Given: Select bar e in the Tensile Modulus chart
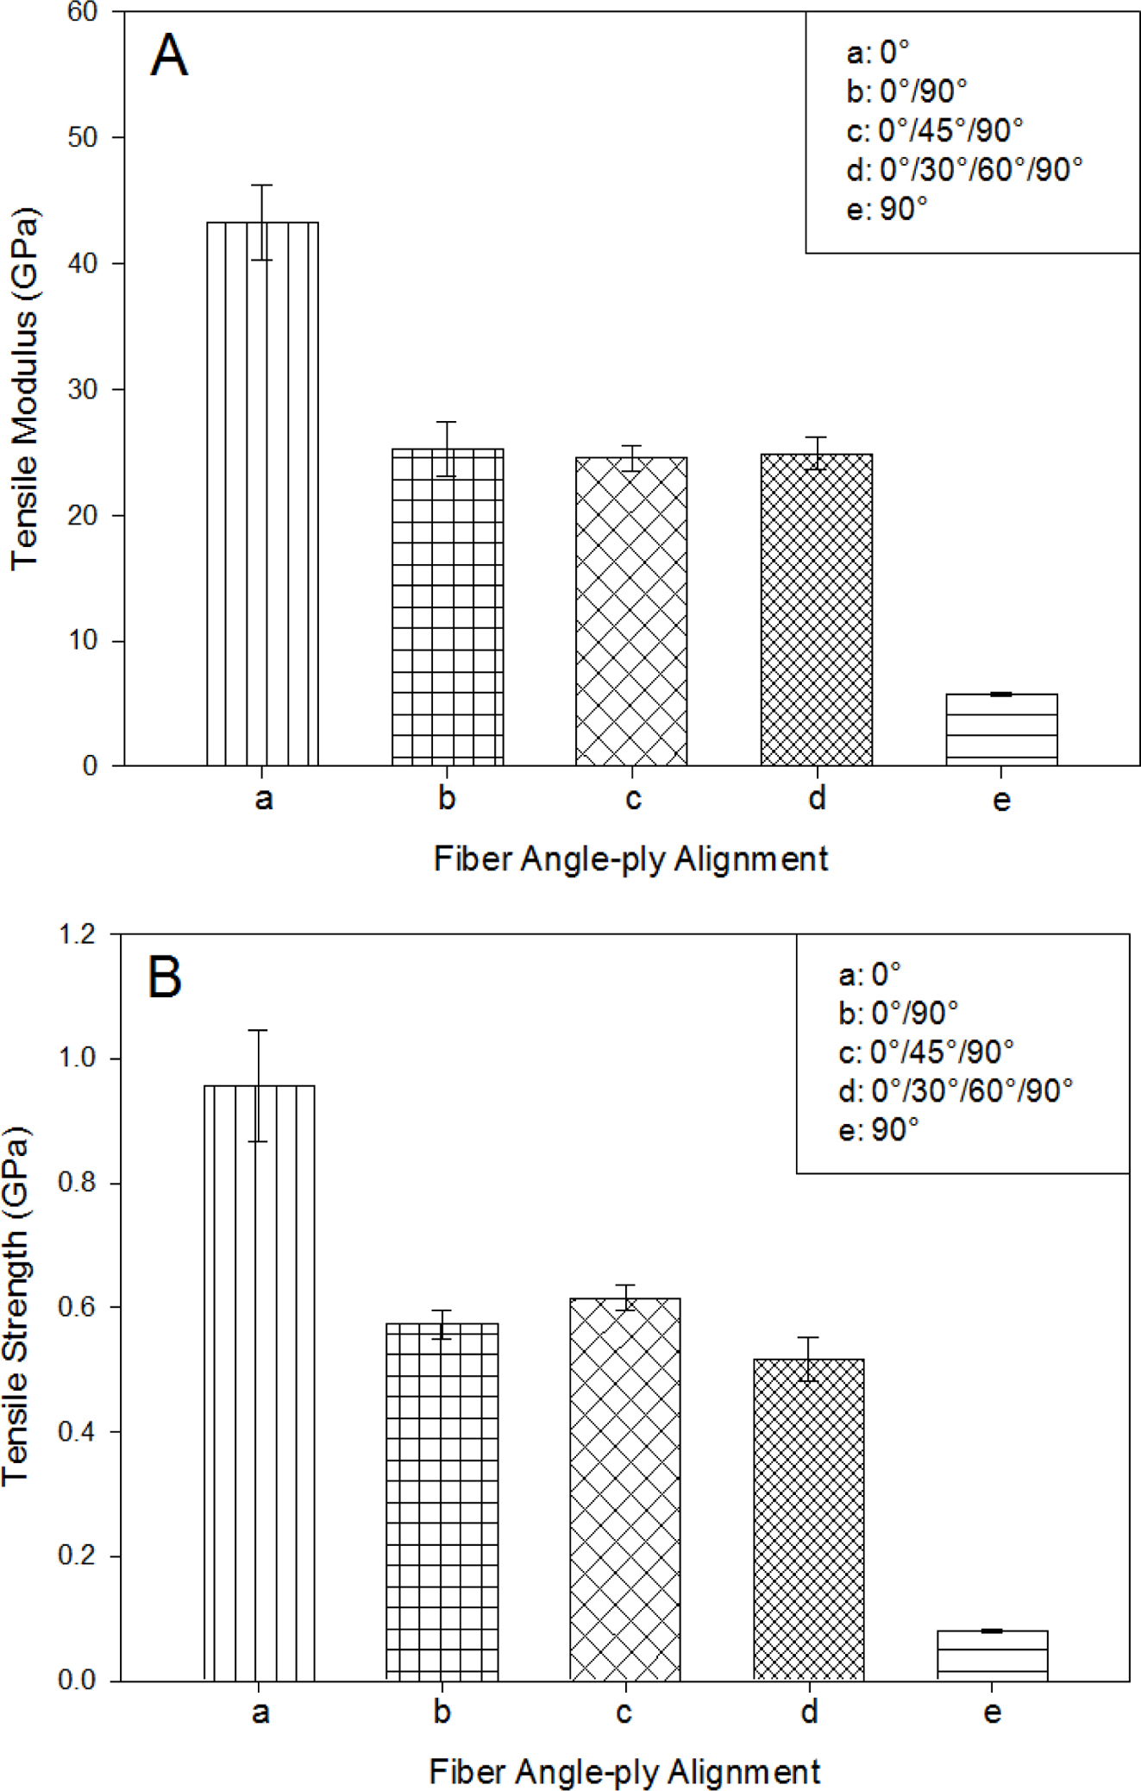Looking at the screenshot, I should [1001, 729].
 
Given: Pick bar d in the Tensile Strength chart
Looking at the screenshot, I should [808, 1519].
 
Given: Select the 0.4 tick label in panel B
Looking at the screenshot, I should [77, 1432].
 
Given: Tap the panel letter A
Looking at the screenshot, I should [169, 56].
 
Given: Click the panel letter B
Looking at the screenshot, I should [165, 977].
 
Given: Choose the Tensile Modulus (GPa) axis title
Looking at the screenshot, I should [24, 388].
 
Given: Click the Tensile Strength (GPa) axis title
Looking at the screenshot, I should [17, 1306].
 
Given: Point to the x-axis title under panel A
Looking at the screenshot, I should [630, 859].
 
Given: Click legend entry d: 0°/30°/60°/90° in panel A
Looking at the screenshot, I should [964, 170].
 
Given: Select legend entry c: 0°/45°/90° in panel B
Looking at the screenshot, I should [926, 1052].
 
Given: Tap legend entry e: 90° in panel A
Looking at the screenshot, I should [887, 209].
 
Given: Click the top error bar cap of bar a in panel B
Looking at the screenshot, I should [258, 1030].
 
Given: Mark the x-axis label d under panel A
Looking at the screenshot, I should [817, 799].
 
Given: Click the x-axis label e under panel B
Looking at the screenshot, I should [992, 1712].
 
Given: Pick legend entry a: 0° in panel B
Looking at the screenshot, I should [869, 974].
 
